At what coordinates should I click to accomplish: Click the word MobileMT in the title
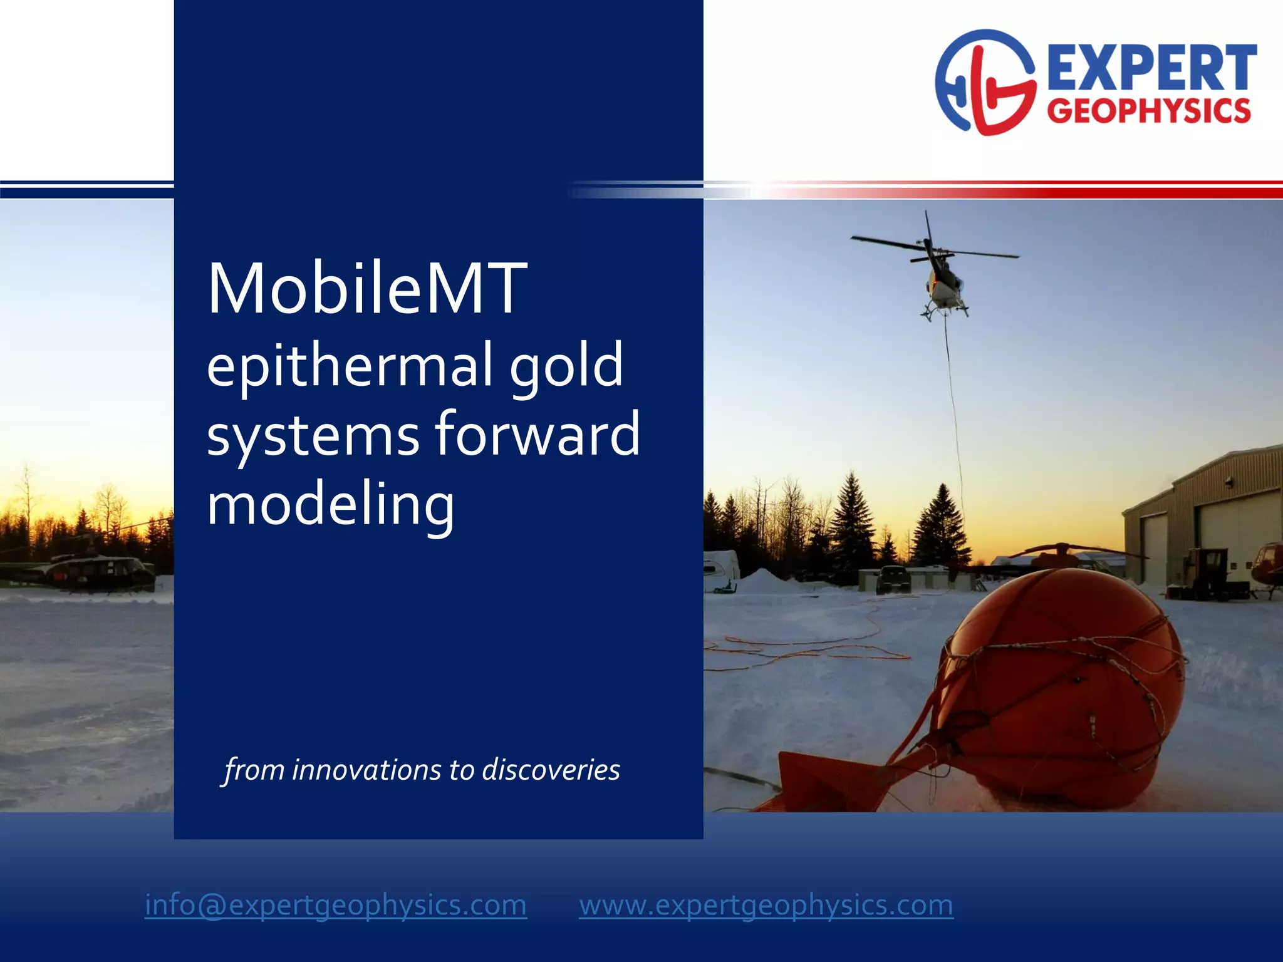tap(367, 289)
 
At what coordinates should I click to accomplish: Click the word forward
tap(537, 434)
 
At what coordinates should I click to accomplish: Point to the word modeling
tap(330, 505)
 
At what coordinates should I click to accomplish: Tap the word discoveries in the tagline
tap(551, 770)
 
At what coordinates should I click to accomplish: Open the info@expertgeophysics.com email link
tap(336, 905)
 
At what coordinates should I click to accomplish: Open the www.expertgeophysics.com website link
tap(766, 905)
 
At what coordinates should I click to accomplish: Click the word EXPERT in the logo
tap(1151, 68)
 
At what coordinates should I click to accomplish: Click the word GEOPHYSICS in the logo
tap(1149, 111)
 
